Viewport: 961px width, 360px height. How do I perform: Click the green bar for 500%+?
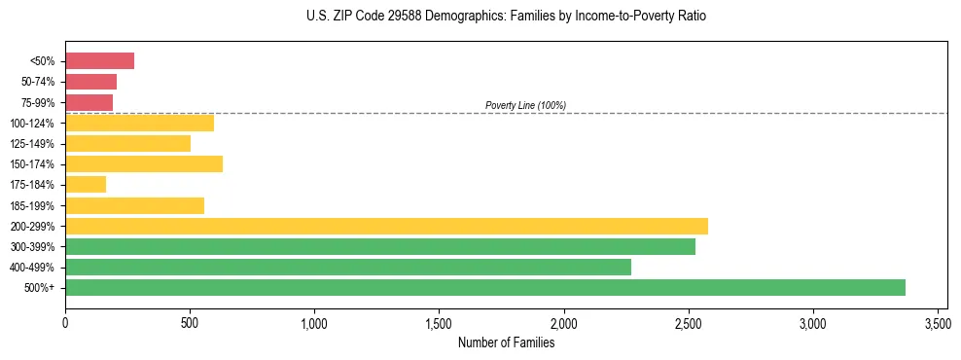point(484,287)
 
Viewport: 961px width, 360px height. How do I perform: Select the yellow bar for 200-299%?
point(386,226)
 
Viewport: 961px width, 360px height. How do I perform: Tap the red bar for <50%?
point(99,61)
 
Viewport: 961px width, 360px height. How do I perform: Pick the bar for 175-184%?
point(86,185)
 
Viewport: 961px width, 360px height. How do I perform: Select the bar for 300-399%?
point(380,246)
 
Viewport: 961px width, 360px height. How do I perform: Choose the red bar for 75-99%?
point(89,102)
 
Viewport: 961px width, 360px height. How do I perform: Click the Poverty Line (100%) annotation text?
point(525,105)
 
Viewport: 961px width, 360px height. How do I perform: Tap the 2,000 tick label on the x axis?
point(564,322)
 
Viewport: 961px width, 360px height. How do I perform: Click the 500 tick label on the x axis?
point(190,322)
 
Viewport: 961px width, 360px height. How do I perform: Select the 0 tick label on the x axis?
point(65,322)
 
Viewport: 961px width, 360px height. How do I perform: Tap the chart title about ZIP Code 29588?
point(506,17)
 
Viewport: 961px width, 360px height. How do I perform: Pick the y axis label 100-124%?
point(33,124)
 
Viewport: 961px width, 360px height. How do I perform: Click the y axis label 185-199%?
point(33,206)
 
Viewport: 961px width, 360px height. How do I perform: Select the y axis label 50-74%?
point(39,82)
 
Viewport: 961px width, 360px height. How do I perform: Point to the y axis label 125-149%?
point(33,144)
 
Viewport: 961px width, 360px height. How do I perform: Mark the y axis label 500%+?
point(40,288)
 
